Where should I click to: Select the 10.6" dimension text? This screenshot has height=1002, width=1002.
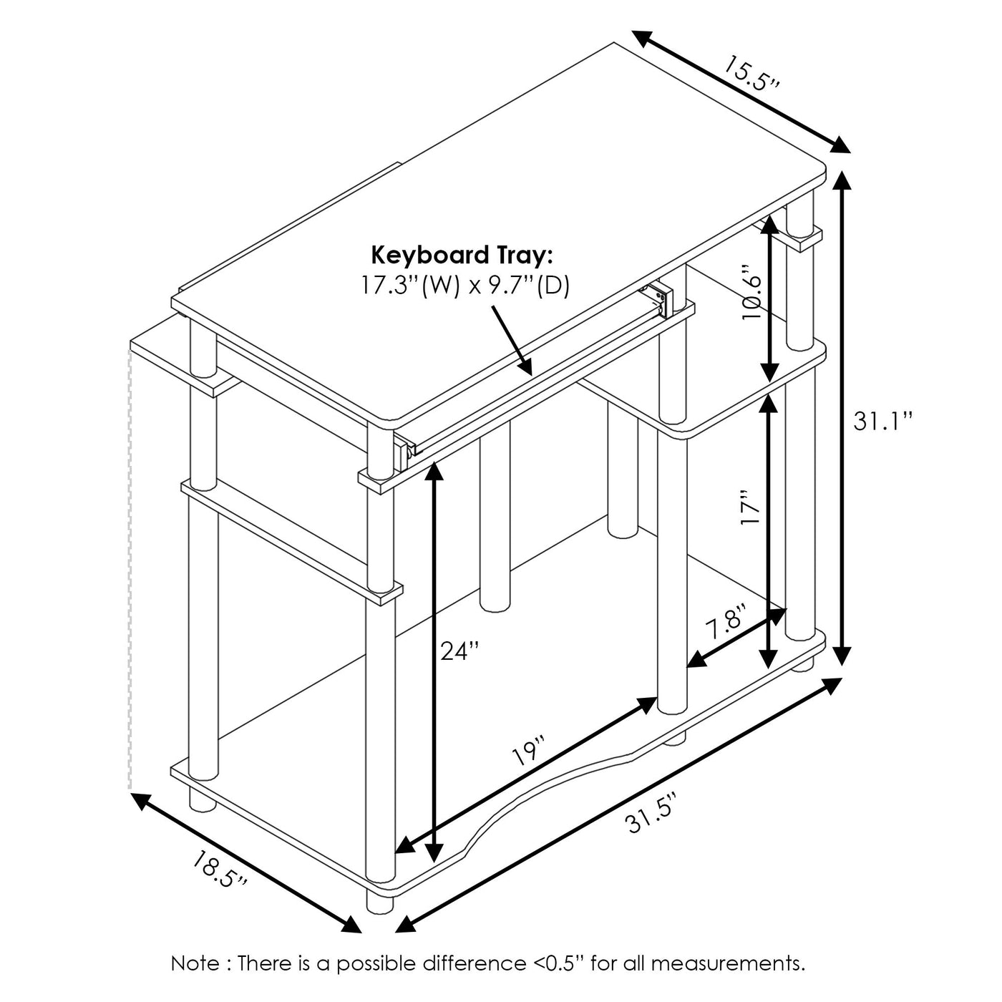click(752, 292)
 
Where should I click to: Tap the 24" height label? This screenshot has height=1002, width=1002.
click(459, 651)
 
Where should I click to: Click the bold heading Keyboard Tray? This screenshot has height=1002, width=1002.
click(462, 256)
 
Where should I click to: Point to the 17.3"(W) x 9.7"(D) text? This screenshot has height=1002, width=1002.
click(465, 286)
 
